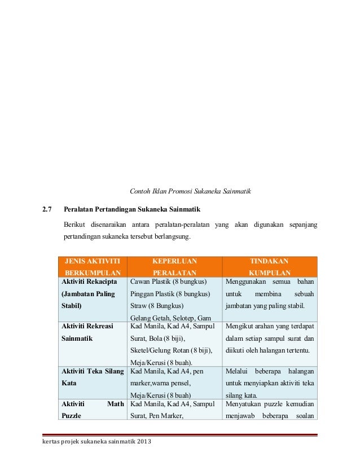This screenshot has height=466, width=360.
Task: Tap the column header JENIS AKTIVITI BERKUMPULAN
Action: (x=93, y=266)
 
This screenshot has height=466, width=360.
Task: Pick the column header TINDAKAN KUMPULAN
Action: (x=270, y=266)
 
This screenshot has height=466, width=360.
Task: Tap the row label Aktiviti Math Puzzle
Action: (x=92, y=411)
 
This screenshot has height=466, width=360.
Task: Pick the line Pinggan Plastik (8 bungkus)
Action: (x=170, y=294)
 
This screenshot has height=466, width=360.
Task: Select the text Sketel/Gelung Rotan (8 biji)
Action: (x=171, y=350)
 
